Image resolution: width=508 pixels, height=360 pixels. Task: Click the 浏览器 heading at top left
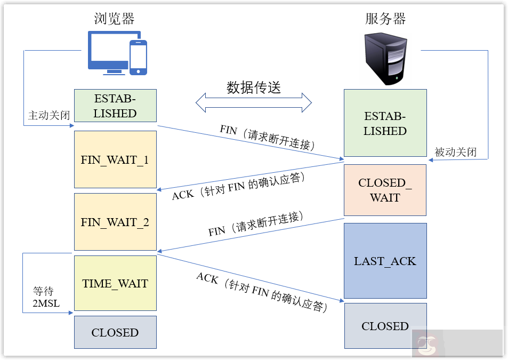[x=114, y=19]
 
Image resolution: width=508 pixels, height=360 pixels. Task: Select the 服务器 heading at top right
[x=385, y=19]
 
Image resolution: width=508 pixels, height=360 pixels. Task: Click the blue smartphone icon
[x=138, y=57]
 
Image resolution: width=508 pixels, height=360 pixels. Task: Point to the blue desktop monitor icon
[x=107, y=52]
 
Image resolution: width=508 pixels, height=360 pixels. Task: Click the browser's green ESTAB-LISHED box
[x=115, y=106]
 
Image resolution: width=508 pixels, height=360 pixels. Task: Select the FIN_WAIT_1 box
[x=115, y=159]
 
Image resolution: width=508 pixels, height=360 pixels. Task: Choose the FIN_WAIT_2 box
[x=115, y=222]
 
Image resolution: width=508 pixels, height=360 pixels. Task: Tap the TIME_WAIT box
[x=115, y=283]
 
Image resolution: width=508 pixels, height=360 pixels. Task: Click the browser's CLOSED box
[x=115, y=332]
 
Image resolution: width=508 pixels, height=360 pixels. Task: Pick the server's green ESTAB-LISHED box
[x=385, y=123]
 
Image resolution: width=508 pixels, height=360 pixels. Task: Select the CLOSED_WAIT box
[x=385, y=190]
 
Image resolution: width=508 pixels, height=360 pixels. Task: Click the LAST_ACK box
[x=385, y=261]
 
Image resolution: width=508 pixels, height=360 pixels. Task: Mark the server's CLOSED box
[x=385, y=326]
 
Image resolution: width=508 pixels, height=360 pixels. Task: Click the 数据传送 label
[x=254, y=87]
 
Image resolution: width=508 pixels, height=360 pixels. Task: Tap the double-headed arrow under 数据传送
[x=254, y=102]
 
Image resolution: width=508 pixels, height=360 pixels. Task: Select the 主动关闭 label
[x=49, y=115]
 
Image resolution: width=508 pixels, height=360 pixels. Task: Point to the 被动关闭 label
[x=455, y=152]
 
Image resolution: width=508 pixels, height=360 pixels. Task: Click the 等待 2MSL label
[x=46, y=298]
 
